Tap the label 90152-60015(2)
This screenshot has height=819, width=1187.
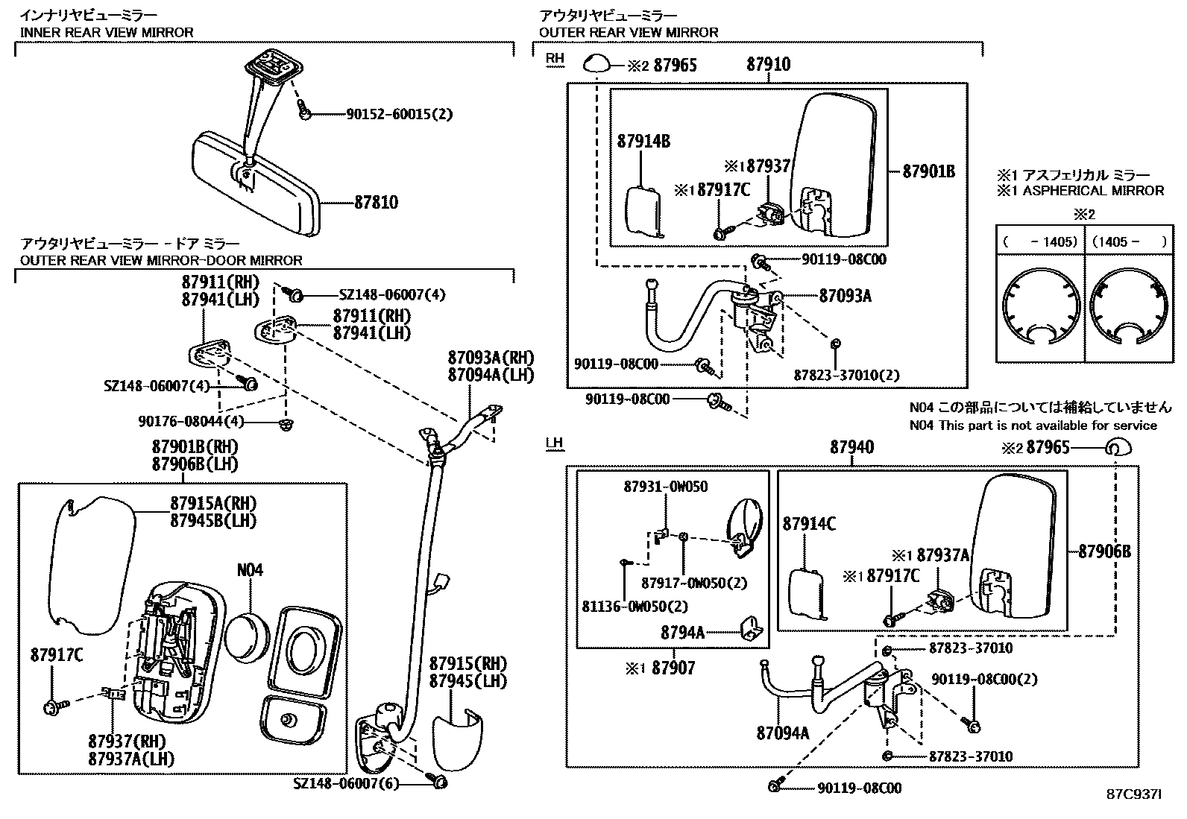pyautogui.click(x=399, y=114)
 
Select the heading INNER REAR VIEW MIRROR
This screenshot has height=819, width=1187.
pyautogui.click(x=107, y=32)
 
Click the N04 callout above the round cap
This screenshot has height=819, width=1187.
pyautogui.click(x=250, y=570)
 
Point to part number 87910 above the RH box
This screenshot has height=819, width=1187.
pyautogui.click(x=768, y=65)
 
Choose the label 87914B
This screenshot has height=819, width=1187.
pyautogui.click(x=643, y=142)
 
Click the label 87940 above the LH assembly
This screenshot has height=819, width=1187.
pyautogui.click(x=851, y=447)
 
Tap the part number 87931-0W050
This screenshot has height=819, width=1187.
pyautogui.click(x=666, y=487)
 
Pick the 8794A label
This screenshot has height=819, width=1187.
pyautogui.click(x=682, y=633)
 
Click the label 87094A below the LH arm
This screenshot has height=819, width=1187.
pyautogui.click(x=782, y=733)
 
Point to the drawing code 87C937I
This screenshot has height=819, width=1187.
pyautogui.click(x=1134, y=795)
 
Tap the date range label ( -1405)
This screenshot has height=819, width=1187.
pyautogui.click(x=1039, y=242)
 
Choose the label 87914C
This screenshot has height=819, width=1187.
pyautogui.click(x=809, y=525)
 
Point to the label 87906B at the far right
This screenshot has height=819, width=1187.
pyautogui.click(x=1105, y=551)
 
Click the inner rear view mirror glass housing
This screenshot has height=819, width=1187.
pyautogui.click(x=254, y=183)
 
